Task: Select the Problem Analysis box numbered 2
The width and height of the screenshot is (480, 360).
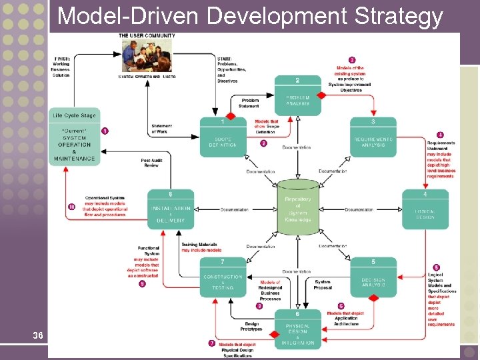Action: (x=297, y=95)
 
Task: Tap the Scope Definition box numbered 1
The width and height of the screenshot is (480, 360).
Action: (x=223, y=137)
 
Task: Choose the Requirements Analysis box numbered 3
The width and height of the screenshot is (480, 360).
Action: (x=373, y=137)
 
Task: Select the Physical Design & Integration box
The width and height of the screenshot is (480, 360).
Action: (x=297, y=330)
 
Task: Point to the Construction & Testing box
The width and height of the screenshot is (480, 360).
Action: (x=223, y=278)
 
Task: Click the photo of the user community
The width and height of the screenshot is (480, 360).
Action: (x=146, y=56)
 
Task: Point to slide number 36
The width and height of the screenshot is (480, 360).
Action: (x=38, y=335)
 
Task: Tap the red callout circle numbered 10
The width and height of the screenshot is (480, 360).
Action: (x=71, y=207)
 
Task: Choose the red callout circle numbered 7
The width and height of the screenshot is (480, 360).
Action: (x=212, y=343)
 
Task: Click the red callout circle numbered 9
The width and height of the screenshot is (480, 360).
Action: (x=142, y=284)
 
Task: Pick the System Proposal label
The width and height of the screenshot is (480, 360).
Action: (x=322, y=285)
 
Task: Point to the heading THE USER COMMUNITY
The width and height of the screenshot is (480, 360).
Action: (x=147, y=35)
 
